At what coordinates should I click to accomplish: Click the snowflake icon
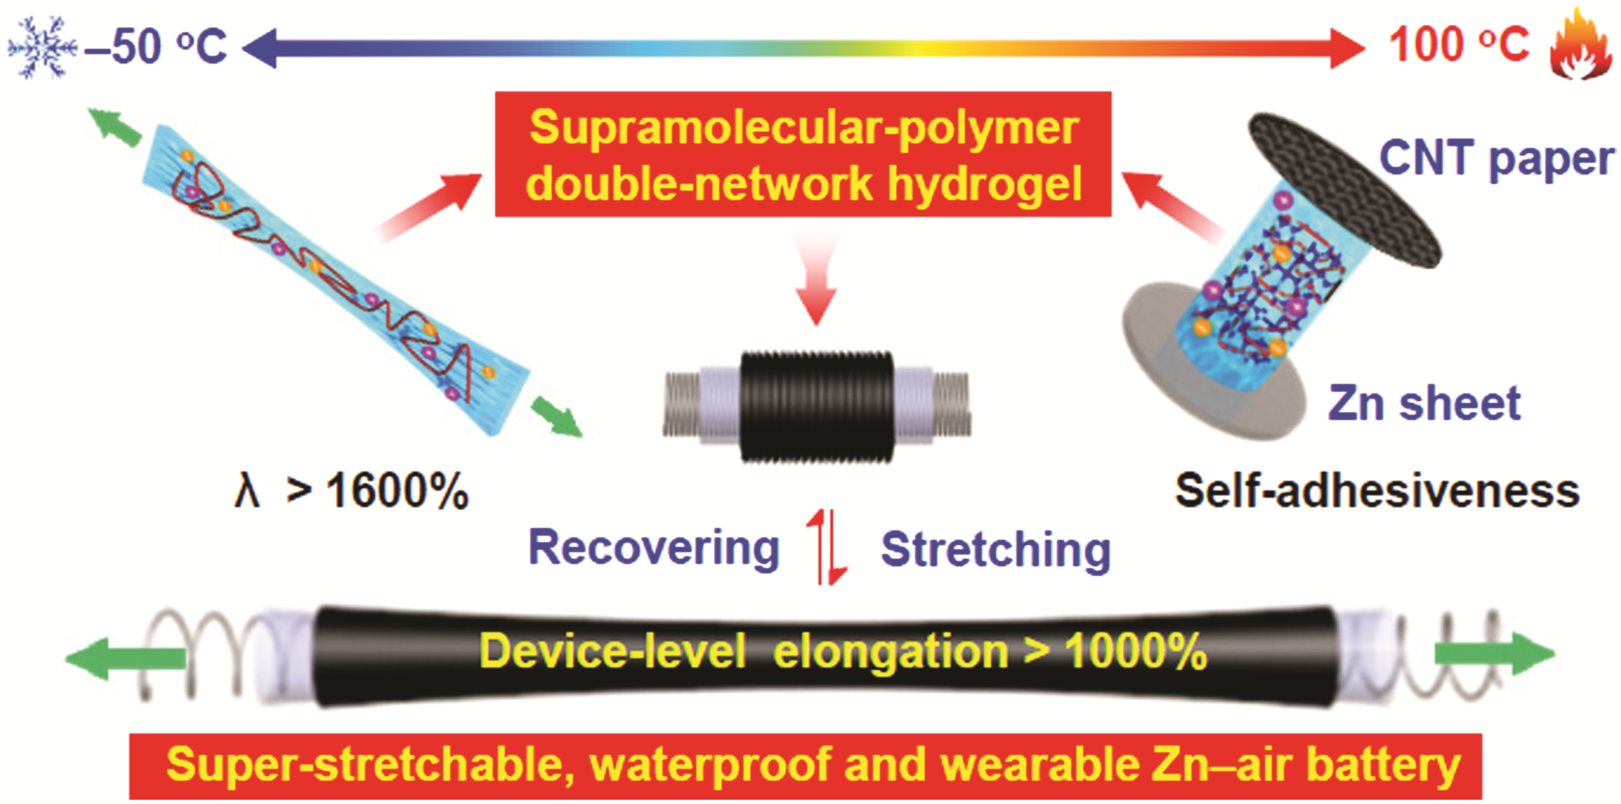(39, 46)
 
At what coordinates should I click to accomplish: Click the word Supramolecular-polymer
(804, 129)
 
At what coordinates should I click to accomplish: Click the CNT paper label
(1497, 159)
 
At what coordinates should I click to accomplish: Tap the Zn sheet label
(1424, 403)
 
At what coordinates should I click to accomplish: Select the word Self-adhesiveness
(1377, 491)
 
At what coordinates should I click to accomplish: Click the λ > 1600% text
(351, 492)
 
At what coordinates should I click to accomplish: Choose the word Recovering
(653, 549)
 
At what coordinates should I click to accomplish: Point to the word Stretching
(995, 549)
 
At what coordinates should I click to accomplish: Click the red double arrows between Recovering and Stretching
(826, 547)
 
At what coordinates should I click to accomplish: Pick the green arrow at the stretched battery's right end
(1495, 654)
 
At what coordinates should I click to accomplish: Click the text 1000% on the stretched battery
(1136, 651)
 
